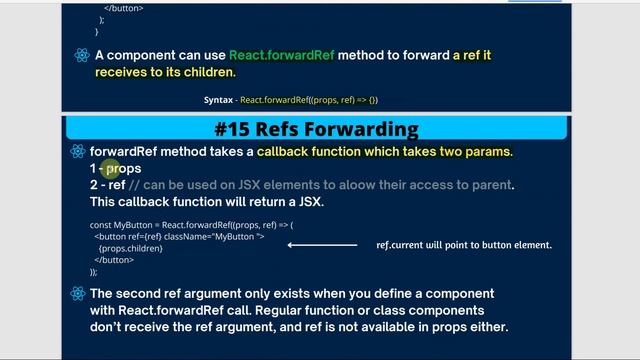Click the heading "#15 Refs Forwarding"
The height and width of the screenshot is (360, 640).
[x=316, y=130]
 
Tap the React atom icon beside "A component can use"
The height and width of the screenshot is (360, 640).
[x=81, y=55]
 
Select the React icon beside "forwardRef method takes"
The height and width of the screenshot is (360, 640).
[x=77, y=152]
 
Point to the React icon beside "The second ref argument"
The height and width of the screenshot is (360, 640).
[x=77, y=294]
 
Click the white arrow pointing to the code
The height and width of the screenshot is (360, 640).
[x=321, y=244]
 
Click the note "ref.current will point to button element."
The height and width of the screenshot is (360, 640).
[x=463, y=244]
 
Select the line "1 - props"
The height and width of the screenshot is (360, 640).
[x=115, y=169]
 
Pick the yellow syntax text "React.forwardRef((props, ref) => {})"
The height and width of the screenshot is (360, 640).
[x=308, y=100]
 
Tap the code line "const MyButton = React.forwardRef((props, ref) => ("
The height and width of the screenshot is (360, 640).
[x=191, y=225]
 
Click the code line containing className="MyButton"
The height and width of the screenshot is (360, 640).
[x=179, y=237]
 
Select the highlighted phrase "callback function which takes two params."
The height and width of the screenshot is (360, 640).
[x=384, y=152]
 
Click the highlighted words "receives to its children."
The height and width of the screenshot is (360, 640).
[x=165, y=72]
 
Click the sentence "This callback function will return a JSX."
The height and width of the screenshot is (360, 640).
[x=206, y=202]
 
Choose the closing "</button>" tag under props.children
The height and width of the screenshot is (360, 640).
[x=115, y=260]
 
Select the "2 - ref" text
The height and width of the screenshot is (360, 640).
[x=107, y=185]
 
